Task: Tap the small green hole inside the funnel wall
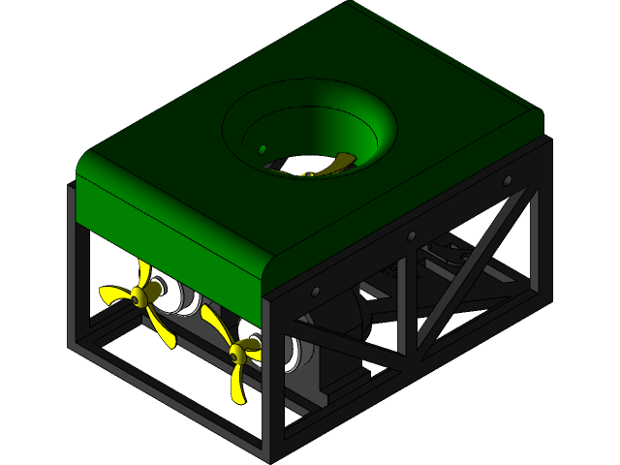click(x=261, y=148)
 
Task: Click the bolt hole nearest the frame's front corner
click(x=316, y=292)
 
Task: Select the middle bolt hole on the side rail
click(x=412, y=235)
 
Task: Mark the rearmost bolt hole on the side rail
click(x=507, y=181)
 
